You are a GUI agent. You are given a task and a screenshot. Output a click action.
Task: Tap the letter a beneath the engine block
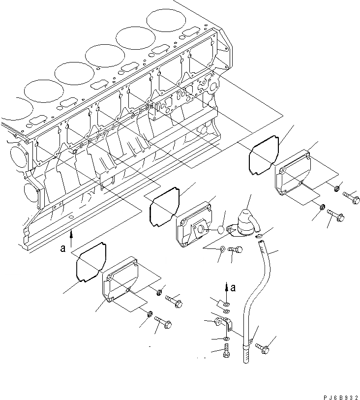(x=63, y=248)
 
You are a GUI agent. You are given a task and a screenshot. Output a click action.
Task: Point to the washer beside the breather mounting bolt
(x=223, y=249)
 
